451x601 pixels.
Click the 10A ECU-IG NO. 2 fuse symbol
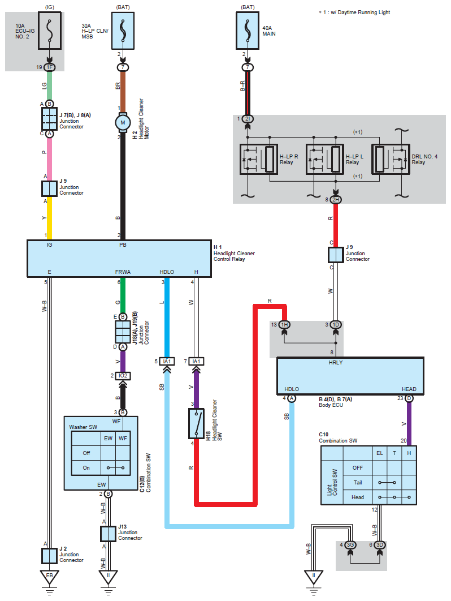(49, 31)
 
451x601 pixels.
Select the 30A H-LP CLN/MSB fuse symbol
(123, 31)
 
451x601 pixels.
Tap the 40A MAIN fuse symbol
(248, 31)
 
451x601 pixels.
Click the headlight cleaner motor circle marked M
(123, 123)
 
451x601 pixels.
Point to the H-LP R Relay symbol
(258, 160)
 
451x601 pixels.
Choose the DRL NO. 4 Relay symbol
(391, 160)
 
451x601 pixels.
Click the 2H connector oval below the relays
(336, 200)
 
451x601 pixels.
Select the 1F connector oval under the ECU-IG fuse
(49, 67)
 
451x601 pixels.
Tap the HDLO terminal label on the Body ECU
(292, 389)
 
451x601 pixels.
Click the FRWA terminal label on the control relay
(123, 272)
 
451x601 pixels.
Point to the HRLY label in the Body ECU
(336, 363)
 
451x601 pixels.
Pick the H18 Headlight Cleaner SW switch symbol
(197, 423)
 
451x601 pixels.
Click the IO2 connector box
(123, 376)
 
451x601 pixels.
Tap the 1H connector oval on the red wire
(284, 325)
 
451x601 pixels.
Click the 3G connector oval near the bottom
(350, 544)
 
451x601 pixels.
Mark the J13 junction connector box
(108, 534)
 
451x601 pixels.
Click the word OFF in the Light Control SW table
(358, 467)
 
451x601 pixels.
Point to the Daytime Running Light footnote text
(354, 12)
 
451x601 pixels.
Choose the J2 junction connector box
(49, 556)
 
